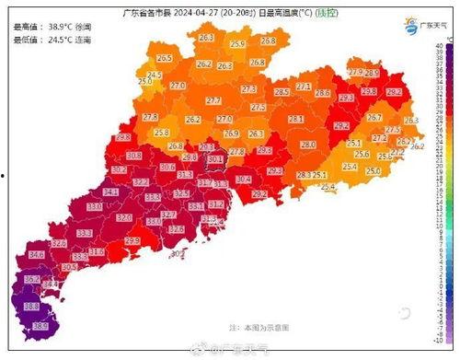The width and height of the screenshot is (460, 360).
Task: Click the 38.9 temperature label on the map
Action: click(40, 325)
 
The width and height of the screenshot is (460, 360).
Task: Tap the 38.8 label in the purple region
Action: click(30, 306)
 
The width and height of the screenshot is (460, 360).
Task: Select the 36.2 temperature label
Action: click(30, 278)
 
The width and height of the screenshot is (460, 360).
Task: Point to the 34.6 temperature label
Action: click(37, 253)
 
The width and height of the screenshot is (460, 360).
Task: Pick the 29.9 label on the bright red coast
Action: click(132, 240)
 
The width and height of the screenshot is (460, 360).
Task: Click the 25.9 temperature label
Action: click(237, 44)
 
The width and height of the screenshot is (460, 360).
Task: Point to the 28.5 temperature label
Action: click(282, 92)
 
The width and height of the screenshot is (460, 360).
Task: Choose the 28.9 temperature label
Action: click(372, 73)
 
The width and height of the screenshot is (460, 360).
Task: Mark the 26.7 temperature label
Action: click(374, 118)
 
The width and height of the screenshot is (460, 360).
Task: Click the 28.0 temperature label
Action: click(307, 145)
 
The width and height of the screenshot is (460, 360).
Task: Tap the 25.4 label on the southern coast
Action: click(328, 187)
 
